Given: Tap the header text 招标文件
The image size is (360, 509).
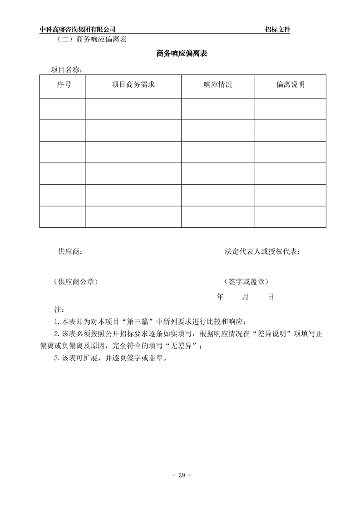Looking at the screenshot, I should point(277,29).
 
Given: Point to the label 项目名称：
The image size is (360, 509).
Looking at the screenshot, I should point(66,70).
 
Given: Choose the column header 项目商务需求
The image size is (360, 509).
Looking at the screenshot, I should point(133,84).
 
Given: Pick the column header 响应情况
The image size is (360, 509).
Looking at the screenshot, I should point(218,84).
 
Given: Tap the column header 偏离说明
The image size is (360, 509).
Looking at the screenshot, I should point(290,84).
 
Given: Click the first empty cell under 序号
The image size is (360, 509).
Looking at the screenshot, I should point(62,109).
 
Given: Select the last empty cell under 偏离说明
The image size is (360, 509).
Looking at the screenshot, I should point(290,216).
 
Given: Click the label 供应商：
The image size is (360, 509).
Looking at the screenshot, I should point(70,252).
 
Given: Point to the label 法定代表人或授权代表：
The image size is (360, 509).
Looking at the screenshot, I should point(262,252).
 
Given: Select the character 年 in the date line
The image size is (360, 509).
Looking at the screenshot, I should point(220,297).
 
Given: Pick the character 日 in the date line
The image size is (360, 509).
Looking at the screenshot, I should point(271,297).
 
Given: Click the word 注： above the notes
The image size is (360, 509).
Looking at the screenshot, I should point(58,309).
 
